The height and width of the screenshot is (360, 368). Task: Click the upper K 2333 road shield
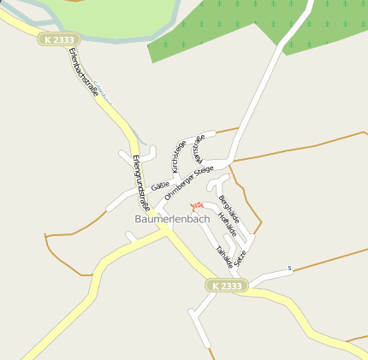point(57,39)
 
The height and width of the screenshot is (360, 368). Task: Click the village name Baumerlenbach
point(172,219)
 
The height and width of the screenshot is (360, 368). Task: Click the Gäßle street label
point(160,186)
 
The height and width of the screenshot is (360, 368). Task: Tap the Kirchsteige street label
point(179,156)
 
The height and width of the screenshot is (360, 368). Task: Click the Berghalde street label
point(229,210)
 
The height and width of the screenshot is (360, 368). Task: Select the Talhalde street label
point(224,256)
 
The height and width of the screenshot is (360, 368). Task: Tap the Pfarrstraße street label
point(199,148)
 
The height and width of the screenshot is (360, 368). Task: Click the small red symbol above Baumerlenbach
point(196,205)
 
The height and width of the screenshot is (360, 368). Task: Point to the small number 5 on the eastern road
point(290,269)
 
